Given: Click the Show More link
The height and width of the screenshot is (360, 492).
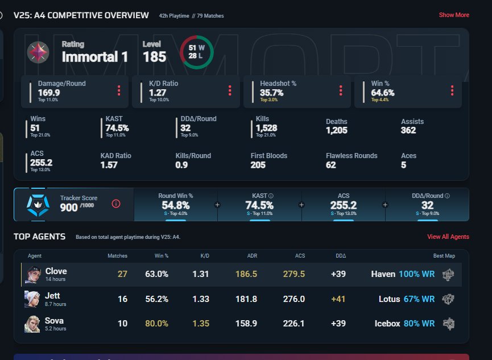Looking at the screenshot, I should pyautogui.click(x=454, y=15).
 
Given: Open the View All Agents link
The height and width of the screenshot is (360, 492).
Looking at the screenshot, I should pyautogui.click(x=448, y=237).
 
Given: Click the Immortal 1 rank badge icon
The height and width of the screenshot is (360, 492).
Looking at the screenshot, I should pyautogui.click(x=38, y=52).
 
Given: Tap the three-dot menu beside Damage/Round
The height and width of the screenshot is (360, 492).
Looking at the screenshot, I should pyautogui.click(x=119, y=90).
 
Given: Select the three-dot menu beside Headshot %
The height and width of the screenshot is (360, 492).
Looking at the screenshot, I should pyautogui.click(x=341, y=90).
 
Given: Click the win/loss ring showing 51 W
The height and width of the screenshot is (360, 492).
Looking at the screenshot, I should pyautogui.click(x=196, y=52).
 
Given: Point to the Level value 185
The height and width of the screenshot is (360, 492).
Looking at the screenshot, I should pyautogui.click(x=154, y=56).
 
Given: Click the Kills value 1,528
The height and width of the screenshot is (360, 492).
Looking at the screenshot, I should pyautogui.click(x=263, y=129).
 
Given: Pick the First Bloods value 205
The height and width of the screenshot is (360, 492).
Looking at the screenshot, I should pyautogui.click(x=258, y=165).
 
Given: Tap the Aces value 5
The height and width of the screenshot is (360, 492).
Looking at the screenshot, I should pyautogui.click(x=403, y=165).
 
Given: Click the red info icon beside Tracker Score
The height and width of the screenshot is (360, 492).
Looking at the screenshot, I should pyautogui.click(x=116, y=204).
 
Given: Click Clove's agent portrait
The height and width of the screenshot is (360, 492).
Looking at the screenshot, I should pyautogui.click(x=32, y=274).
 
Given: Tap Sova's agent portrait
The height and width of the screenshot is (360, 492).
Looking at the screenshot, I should pyautogui.click(x=32, y=323).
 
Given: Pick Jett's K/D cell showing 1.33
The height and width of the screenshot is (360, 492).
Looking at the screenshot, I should pyautogui.click(x=201, y=299).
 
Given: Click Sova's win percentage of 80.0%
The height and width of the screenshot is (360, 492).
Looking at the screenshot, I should pyautogui.click(x=156, y=323).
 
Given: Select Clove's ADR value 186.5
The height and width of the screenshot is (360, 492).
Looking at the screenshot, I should pyautogui.click(x=246, y=274).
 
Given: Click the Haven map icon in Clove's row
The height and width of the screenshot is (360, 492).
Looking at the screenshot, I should pyautogui.click(x=449, y=274).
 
